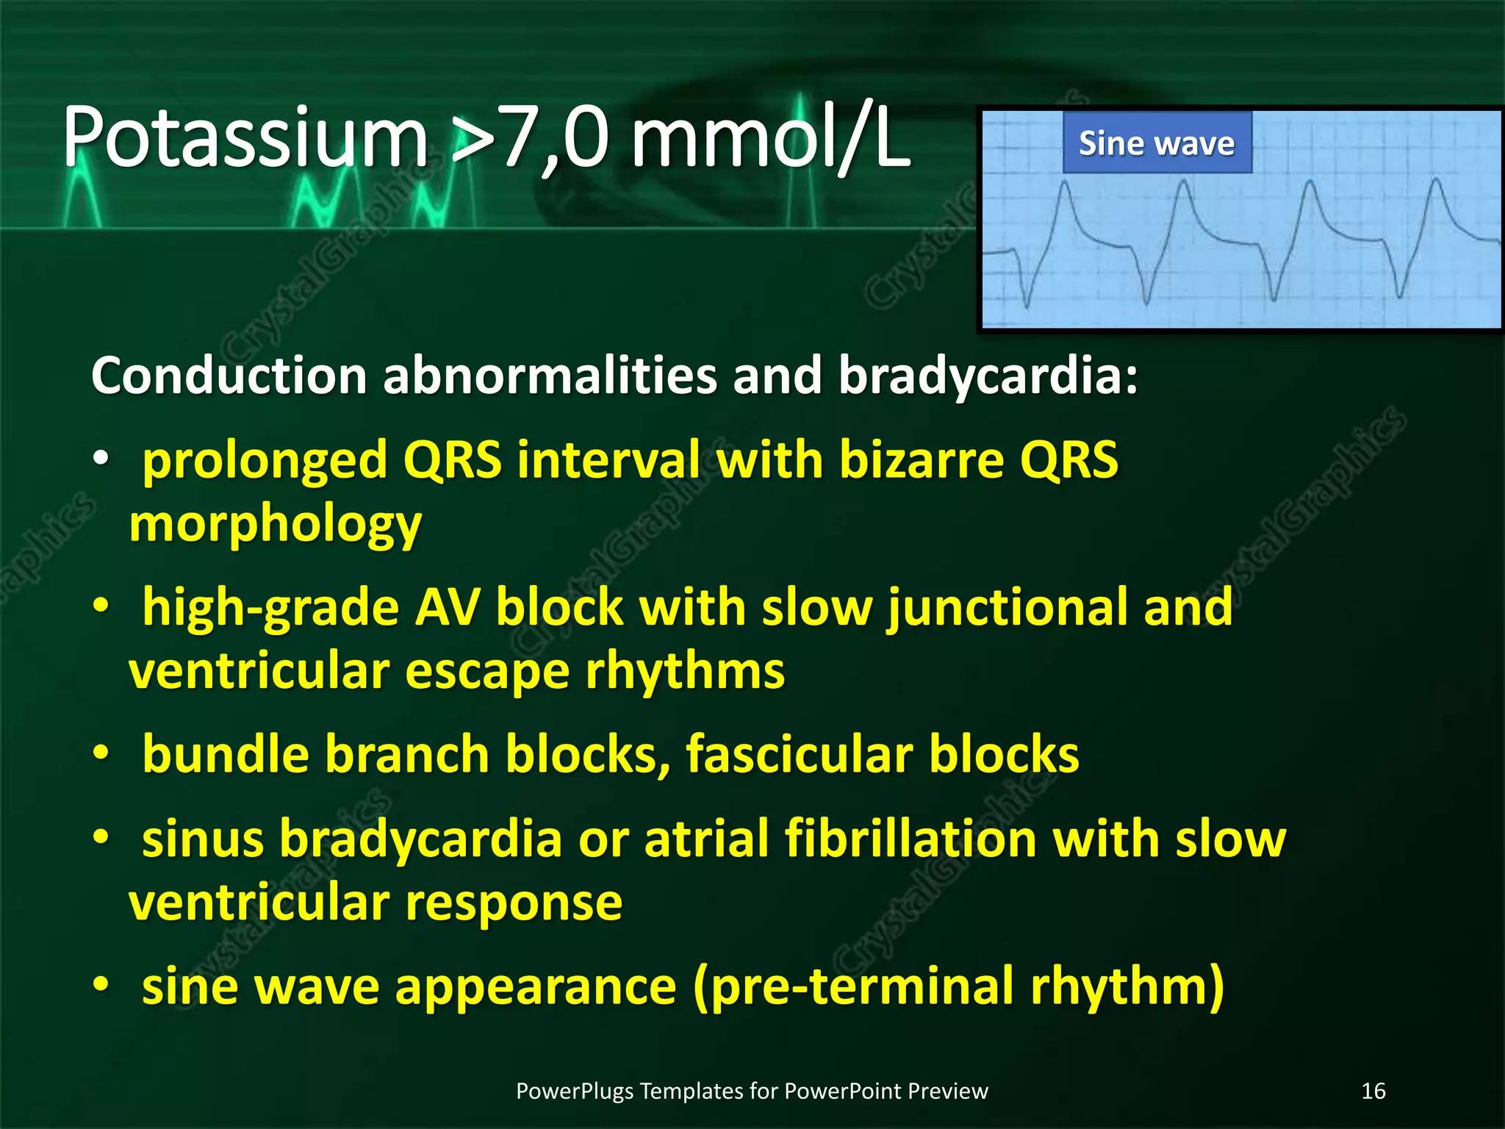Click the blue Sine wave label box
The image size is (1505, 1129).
point(1157,143)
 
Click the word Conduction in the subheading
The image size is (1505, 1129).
point(229,376)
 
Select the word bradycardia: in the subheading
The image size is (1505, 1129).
point(988,376)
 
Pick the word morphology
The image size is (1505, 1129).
point(276,524)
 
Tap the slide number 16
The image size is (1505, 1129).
point(1373,1091)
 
